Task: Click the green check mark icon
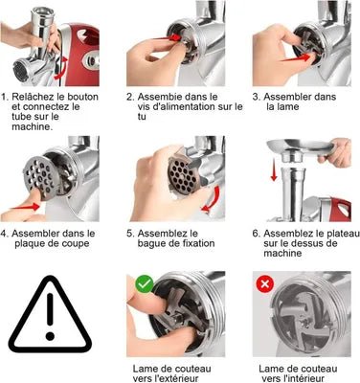tap(145, 283)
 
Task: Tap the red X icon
tap(264, 283)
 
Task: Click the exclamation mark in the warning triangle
tap(50, 316)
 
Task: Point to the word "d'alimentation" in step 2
tap(182, 106)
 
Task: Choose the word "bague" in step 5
tap(152, 244)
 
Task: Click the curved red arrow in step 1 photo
tap(62, 68)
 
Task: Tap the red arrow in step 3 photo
tap(296, 58)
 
